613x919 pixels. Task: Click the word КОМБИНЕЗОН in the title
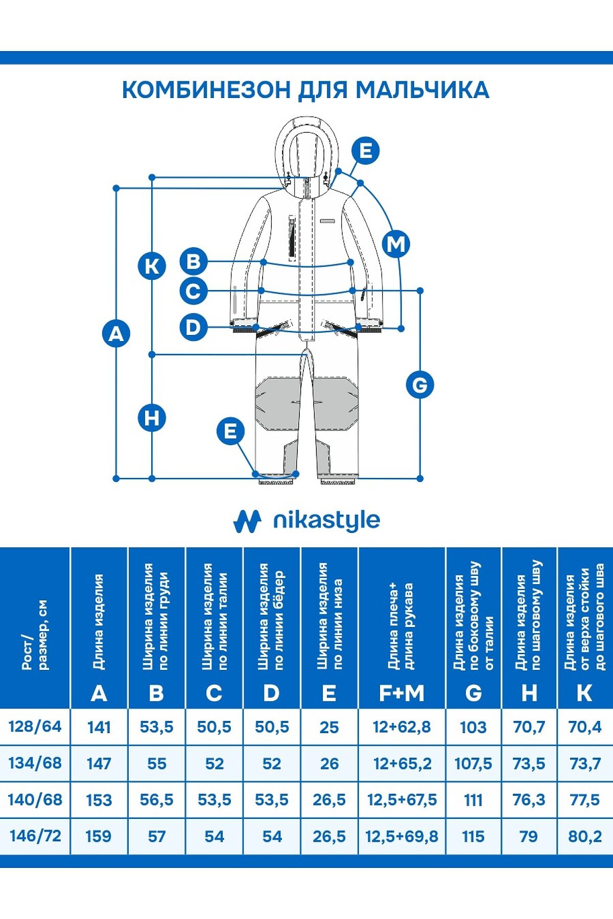(206, 89)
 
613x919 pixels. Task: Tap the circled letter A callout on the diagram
(116, 333)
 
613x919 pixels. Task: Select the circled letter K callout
(152, 266)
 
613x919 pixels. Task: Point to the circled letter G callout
(420, 384)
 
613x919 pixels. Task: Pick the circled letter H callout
(152, 417)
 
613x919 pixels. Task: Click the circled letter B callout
(194, 261)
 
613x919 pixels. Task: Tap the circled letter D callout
(194, 327)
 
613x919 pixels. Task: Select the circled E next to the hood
(366, 151)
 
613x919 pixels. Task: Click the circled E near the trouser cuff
(230, 431)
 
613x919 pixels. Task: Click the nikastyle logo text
(326, 521)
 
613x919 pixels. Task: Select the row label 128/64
(35, 726)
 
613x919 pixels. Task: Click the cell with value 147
(99, 763)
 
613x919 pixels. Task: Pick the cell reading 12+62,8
(402, 727)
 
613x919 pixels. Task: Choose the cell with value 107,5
(473, 763)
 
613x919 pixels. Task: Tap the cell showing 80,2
(585, 836)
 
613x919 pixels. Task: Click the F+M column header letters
(402, 693)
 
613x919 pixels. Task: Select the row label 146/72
(35, 836)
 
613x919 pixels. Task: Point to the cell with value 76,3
(529, 800)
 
